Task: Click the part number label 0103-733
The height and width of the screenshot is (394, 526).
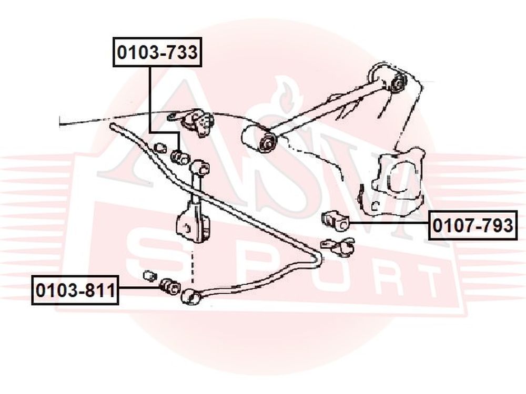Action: click(x=157, y=52)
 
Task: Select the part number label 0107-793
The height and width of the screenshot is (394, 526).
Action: click(x=473, y=225)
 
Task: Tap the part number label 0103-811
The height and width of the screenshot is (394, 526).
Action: click(x=75, y=290)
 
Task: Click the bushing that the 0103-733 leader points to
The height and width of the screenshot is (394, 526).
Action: click(x=180, y=157)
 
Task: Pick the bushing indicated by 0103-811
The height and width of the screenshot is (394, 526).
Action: click(x=169, y=288)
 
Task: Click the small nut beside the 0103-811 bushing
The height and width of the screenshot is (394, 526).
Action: click(x=149, y=275)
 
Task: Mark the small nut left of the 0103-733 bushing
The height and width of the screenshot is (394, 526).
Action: click(x=160, y=148)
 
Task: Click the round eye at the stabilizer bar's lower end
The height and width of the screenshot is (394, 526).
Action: click(x=190, y=296)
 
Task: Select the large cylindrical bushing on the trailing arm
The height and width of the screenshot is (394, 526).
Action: click(x=258, y=138)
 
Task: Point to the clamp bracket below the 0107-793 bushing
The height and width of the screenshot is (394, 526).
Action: click(x=337, y=246)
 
